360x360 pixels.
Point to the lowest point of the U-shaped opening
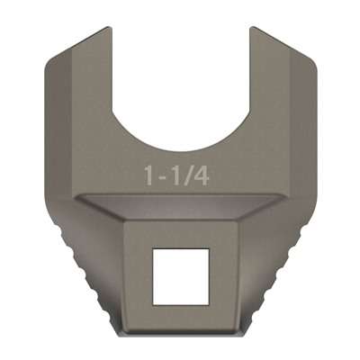pyautogui.click(x=180, y=149)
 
